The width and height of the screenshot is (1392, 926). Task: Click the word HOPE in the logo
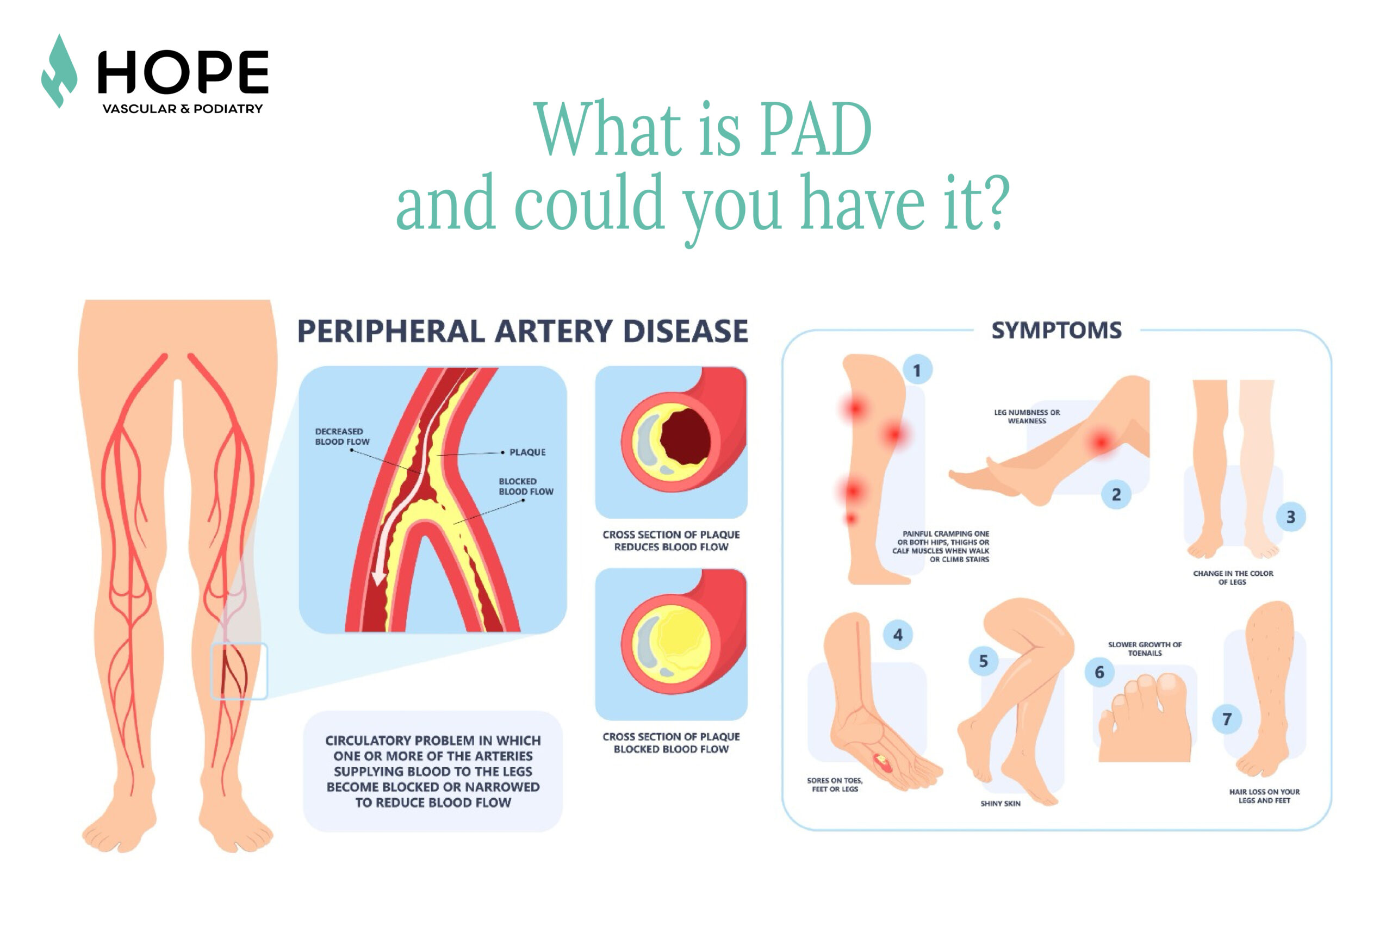click(x=183, y=72)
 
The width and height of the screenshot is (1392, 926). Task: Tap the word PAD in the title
click(x=815, y=129)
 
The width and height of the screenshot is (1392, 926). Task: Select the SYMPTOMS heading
click(x=1056, y=330)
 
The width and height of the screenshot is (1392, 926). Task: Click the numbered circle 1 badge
click(x=917, y=370)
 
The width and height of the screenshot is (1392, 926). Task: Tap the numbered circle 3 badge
click(x=1290, y=517)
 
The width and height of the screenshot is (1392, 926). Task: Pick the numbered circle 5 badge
click(x=983, y=661)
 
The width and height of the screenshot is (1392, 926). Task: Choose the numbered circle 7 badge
click(x=1227, y=719)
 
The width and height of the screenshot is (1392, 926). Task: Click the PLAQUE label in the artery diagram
click(x=527, y=452)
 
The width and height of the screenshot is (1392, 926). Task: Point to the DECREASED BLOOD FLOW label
click(x=342, y=437)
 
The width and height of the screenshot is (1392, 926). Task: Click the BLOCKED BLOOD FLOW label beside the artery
click(x=526, y=486)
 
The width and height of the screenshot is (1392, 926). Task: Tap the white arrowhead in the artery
click(x=378, y=577)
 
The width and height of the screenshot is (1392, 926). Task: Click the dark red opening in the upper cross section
click(x=685, y=437)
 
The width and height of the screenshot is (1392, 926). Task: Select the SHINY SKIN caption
click(x=1000, y=803)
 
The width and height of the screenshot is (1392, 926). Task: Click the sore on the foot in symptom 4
click(x=884, y=762)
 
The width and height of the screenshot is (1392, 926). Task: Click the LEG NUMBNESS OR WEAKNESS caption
click(x=1027, y=417)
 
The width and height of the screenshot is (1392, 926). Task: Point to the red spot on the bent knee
click(x=1100, y=442)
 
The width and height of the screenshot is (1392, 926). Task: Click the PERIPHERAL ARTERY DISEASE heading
click(x=522, y=331)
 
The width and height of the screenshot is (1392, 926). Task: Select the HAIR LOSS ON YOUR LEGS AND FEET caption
click(x=1264, y=796)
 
